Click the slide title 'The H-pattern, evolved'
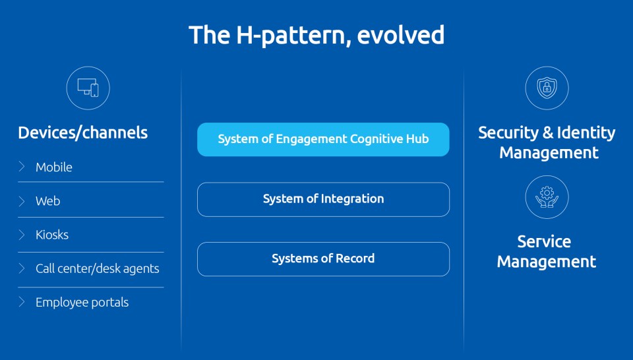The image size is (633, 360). point(316,35)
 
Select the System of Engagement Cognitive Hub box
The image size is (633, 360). point(323,139)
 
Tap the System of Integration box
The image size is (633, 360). point(323,199)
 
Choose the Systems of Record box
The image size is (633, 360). point(323,259)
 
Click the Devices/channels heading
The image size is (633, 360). point(83,133)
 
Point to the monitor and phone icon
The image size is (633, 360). point(88,88)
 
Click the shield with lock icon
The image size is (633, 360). point(547,88)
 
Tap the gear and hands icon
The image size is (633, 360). point(547,196)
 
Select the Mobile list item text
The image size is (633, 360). point(53,167)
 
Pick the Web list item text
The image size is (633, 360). point(47,201)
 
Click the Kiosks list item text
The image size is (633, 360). point(52,235)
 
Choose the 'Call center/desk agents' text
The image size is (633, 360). point(98,269)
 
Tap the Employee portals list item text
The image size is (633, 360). point(82,302)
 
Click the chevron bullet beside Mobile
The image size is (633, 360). point(22,167)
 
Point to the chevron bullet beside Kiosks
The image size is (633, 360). point(22,235)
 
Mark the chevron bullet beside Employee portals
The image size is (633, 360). point(22,302)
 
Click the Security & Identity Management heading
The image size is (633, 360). point(547,142)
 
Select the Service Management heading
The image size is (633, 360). point(546,251)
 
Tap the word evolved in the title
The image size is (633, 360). point(400,35)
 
